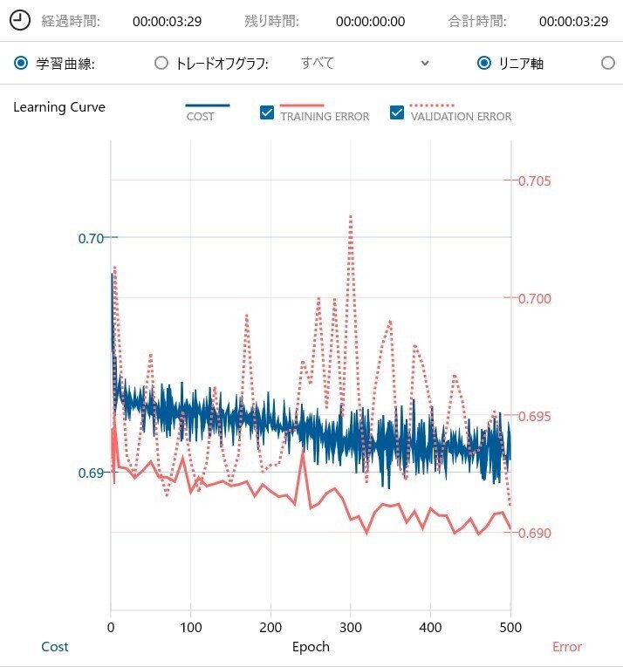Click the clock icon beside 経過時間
coord(20,20)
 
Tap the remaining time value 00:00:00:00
coord(370,21)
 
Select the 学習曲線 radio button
coord(20,63)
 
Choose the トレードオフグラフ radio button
coord(161,63)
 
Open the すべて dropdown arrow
coord(425,63)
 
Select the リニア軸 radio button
coord(484,63)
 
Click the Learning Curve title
coord(59,107)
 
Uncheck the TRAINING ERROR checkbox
coord(268,112)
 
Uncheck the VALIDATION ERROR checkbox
coord(397,112)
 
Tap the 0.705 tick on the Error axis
coord(535,181)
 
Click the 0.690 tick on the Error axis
coord(535,533)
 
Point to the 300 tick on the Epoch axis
coord(351,627)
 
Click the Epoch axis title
coord(311,646)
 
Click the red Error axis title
coord(566,646)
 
